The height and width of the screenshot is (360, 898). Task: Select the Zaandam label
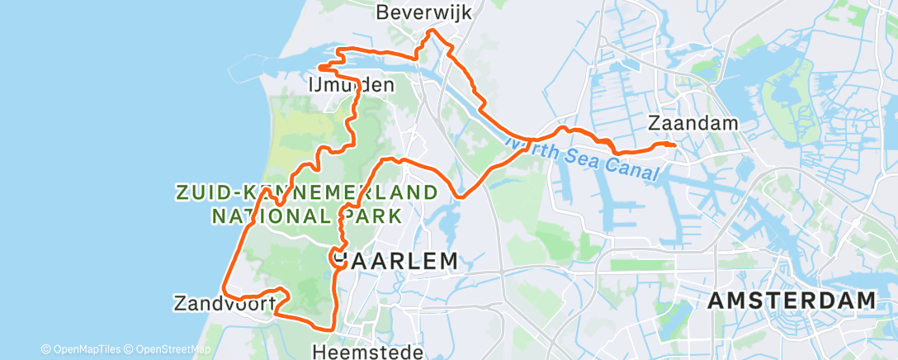[x=693, y=123]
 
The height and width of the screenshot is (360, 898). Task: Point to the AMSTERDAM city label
[x=792, y=301]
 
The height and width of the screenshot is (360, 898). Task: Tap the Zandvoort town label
[x=224, y=303]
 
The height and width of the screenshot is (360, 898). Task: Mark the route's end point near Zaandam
[x=674, y=145]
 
